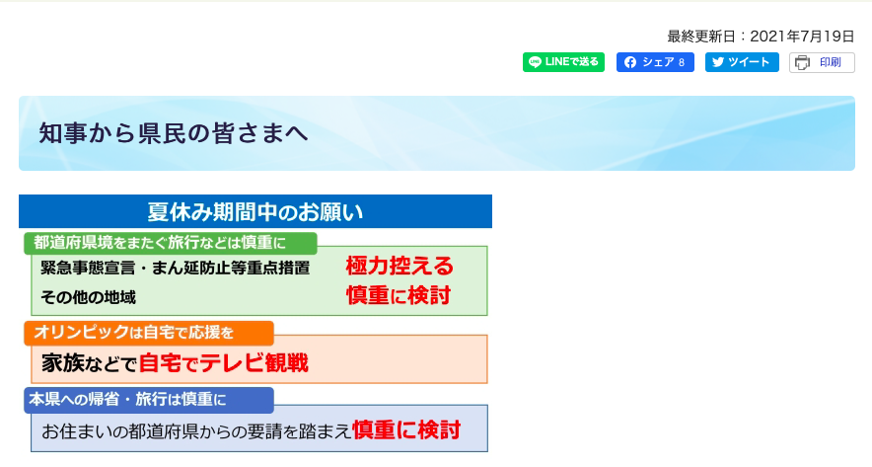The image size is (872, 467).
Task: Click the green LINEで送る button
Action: coord(563,62)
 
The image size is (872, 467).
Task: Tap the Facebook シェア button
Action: coord(655,62)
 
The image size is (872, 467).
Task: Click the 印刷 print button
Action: coord(822,63)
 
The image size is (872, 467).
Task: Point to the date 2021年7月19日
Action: coord(802,37)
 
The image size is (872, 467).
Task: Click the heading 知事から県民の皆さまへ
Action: coord(173,133)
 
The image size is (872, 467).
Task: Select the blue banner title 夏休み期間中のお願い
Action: coord(255,211)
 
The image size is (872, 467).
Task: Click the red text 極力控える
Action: coord(400,266)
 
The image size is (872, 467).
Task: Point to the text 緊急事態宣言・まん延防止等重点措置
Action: coord(176,268)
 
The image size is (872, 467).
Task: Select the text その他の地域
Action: coord(88,297)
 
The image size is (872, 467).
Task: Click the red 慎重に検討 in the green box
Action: coord(399,295)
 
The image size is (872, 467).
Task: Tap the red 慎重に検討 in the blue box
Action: coord(406,430)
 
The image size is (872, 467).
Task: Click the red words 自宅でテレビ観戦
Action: coord(224,363)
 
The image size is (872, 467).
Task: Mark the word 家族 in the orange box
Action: coord(63,363)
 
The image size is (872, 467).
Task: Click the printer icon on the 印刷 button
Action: coord(802,63)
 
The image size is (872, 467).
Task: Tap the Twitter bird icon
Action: coord(718,62)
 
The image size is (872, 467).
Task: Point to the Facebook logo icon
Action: coord(629,62)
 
